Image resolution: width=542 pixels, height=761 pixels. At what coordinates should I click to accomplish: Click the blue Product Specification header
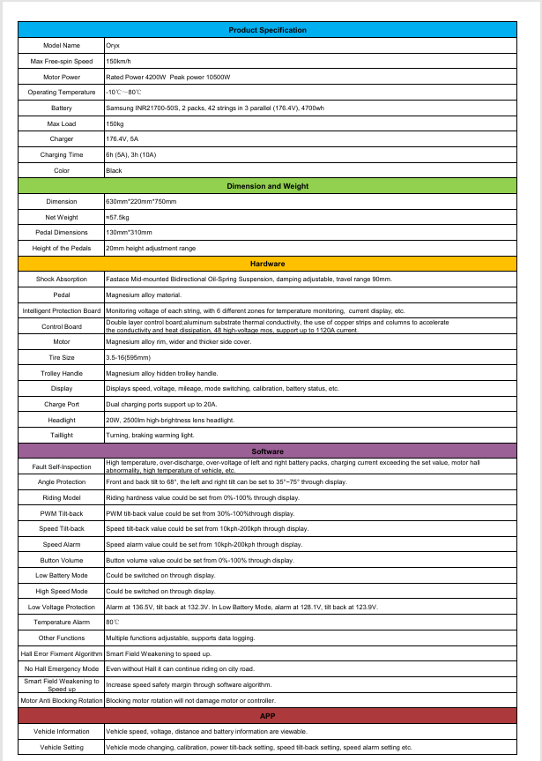[268, 30]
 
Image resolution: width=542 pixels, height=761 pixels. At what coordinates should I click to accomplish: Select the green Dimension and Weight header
[268, 186]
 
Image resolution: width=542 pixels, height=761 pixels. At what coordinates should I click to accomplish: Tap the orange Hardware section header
[268, 264]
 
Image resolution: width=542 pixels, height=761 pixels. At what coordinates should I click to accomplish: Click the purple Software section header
[268, 451]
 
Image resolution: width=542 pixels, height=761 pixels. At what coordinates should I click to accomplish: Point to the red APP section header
[268, 716]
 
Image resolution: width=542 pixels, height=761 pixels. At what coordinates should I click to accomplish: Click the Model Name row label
[62, 45]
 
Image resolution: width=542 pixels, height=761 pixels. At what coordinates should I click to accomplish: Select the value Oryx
[113, 45]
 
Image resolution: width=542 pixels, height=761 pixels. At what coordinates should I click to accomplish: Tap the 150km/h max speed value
[119, 61]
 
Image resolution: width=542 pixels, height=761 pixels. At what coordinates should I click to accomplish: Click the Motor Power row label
[62, 77]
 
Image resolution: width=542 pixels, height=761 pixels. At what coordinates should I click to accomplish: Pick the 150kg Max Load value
[115, 123]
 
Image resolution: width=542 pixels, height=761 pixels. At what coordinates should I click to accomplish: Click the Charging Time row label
[62, 155]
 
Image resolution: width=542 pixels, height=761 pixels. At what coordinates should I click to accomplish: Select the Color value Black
[115, 170]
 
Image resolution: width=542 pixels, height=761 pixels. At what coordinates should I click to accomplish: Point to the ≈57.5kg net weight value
[118, 217]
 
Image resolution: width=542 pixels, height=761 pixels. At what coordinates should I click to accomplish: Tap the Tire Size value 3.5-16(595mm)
[129, 357]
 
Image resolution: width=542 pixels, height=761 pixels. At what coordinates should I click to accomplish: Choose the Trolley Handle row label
[62, 373]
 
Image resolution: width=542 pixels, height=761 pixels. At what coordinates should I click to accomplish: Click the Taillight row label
[62, 436]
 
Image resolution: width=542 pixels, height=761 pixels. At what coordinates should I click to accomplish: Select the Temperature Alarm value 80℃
[112, 622]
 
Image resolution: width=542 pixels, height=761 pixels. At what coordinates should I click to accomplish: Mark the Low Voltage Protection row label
[62, 607]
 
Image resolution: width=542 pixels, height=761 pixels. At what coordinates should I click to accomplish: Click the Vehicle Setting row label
[62, 747]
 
